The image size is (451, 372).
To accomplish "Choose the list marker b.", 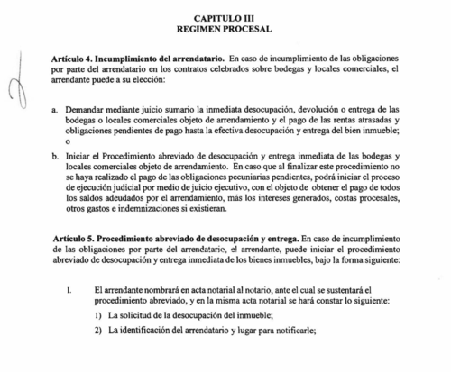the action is click(57, 155).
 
